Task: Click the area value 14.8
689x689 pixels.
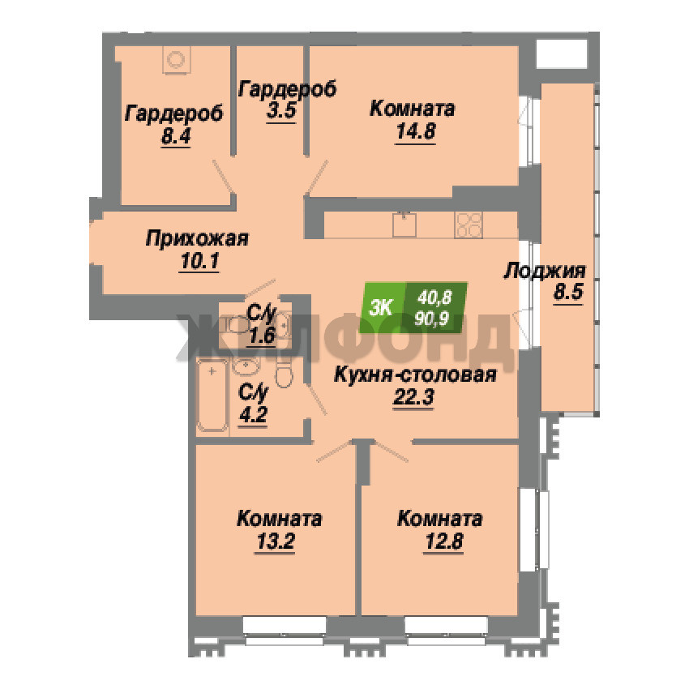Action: coord(416,131)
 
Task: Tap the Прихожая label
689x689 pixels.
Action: coord(197,239)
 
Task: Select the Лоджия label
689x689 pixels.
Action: coord(545,271)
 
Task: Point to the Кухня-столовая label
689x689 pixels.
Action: coord(415,375)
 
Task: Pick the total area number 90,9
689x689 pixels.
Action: coord(431,319)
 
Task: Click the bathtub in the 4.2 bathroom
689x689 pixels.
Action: coord(212,395)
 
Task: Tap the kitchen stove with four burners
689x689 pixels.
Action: coord(469,225)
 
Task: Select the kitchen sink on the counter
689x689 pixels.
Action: coord(404,225)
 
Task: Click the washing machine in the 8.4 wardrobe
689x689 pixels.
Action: coord(177,59)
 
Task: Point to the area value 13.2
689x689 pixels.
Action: coord(275,541)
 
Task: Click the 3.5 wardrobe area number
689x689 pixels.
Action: coord(281,110)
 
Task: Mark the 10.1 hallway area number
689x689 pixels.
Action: coord(199,262)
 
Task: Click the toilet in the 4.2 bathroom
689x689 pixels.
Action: coord(284,373)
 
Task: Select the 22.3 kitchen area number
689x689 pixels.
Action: coord(413,398)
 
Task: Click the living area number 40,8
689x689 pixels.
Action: coord(434,298)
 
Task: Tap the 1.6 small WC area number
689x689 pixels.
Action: coord(261,336)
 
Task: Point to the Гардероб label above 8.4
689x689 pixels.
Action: coord(174,113)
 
